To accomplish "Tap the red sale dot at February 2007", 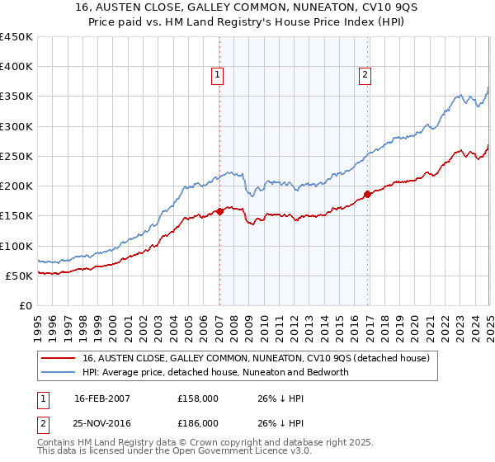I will click(220, 211).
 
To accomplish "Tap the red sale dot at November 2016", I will click(367, 195).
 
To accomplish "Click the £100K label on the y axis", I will click(16, 246).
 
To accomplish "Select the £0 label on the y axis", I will click(25, 305).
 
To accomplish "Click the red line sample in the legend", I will click(59, 359).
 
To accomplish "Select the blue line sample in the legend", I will click(59, 372).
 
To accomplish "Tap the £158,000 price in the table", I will click(199, 397).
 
